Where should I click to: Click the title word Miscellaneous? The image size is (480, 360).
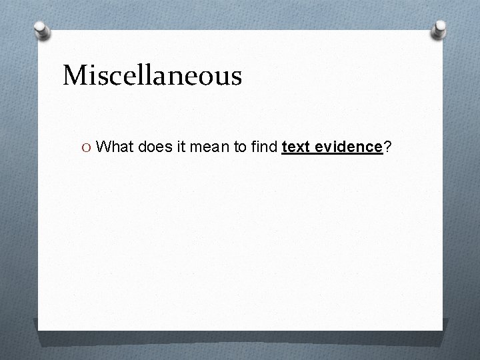(152, 75)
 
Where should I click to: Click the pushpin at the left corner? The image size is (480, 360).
(43, 30)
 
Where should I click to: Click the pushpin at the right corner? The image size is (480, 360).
(440, 28)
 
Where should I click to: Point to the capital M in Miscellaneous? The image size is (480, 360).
(75, 75)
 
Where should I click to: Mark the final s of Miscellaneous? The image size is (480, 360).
(235, 77)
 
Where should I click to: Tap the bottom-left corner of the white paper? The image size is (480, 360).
(39, 330)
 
